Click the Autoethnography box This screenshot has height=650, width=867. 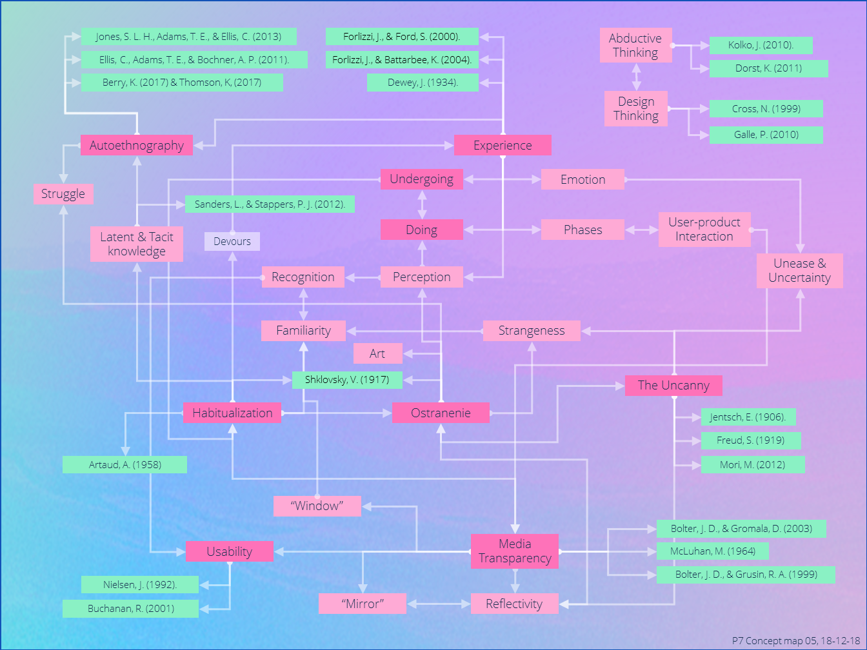point(136,145)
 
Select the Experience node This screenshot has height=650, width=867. point(503,145)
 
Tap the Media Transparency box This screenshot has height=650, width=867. point(514,551)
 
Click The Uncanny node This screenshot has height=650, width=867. point(673,385)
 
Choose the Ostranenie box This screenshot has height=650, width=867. point(441,413)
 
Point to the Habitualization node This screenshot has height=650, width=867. point(232,413)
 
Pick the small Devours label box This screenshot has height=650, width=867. point(232,241)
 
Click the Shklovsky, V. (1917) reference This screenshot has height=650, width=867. point(347,380)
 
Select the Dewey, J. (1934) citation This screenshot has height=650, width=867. point(423,83)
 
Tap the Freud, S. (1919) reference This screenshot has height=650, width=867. point(750,440)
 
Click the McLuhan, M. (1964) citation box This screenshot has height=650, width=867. point(712,551)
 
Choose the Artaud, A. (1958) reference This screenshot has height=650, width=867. point(125,464)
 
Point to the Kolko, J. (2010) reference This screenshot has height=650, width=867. point(761,45)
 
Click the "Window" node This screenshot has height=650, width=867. point(317,506)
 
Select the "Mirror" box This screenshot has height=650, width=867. point(363,604)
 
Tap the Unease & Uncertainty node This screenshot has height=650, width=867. point(799,270)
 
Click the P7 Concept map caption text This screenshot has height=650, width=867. point(795,641)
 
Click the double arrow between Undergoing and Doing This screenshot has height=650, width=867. point(422,204)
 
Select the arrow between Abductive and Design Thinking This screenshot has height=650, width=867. point(636,77)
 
